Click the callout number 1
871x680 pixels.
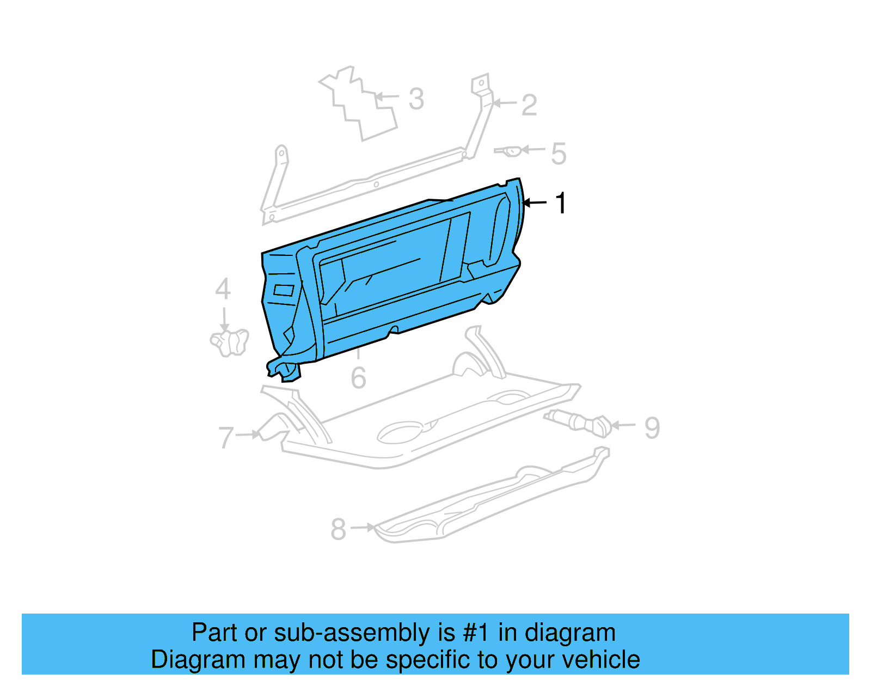[561, 203]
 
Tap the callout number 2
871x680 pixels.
[529, 105]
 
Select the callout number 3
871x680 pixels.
[416, 99]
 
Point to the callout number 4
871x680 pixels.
[223, 289]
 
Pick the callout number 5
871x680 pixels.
[559, 154]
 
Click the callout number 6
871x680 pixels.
[358, 378]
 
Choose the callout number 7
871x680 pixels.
[226, 437]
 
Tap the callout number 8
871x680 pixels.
[338, 529]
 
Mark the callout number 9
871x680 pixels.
[652, 428]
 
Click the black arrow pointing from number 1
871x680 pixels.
[535, 203]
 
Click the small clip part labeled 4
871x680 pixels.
[230, 342]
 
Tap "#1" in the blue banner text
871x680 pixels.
[476, 633]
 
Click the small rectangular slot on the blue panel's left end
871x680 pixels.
[284, 290]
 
